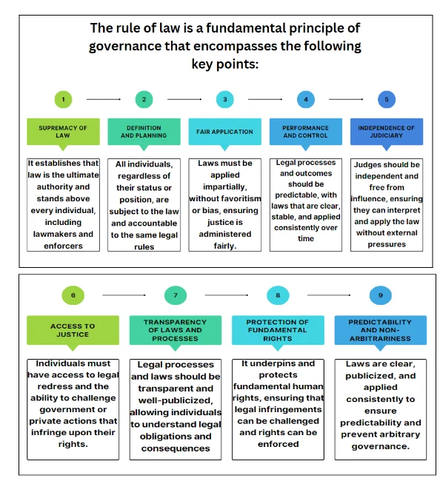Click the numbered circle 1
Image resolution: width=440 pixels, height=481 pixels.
[x=63, y=99]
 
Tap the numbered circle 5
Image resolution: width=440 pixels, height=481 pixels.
[x=386, y=99]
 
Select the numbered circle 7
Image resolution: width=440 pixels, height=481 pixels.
[x=176, y=295]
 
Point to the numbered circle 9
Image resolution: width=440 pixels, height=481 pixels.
[x=381, y=295]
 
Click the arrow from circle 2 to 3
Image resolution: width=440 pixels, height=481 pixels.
[x=184, y=99]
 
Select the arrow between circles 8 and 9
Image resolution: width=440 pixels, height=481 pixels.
[x=329, y=295]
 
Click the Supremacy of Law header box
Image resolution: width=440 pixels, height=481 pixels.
[x=63, y=132]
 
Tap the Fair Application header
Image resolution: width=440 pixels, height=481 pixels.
[x=224, y=132]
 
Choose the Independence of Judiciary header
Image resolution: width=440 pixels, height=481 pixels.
[x=386, y=132]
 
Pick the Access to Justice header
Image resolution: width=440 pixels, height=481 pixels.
[x=73, y=330]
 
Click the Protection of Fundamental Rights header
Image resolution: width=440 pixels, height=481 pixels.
[x=278, y=330]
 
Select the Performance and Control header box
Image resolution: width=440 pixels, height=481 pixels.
[x=305, y=132]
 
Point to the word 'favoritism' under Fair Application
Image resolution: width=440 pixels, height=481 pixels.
[x=240, y=198]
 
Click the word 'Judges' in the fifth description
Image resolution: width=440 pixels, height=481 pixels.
[x=368, y=165]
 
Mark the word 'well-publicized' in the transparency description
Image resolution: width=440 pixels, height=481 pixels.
[x=176, y=400]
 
